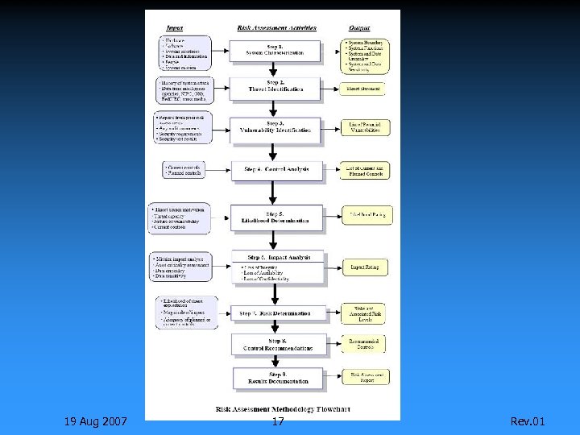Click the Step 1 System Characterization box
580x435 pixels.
[x=275, y=51]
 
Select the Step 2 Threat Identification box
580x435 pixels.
[x=275, y=87]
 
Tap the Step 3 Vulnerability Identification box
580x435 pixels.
[x=275, y=128]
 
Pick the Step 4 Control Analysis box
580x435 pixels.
[x=275, y=169]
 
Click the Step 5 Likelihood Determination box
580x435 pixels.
[x=275, y=217]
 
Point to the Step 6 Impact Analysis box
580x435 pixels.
[x=275, y=267]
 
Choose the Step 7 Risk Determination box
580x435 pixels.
[x=275, y=313]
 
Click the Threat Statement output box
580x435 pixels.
[x=364, y=88]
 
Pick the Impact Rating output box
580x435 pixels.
[x=364, y=267]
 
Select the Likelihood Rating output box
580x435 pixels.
[x=367, y=215]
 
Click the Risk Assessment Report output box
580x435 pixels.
[x=367, y=376]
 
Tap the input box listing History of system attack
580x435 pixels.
[x=184, y=90]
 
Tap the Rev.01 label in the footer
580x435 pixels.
[x=528, y=421]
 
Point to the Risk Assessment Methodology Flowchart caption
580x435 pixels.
[x=283, y=409]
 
